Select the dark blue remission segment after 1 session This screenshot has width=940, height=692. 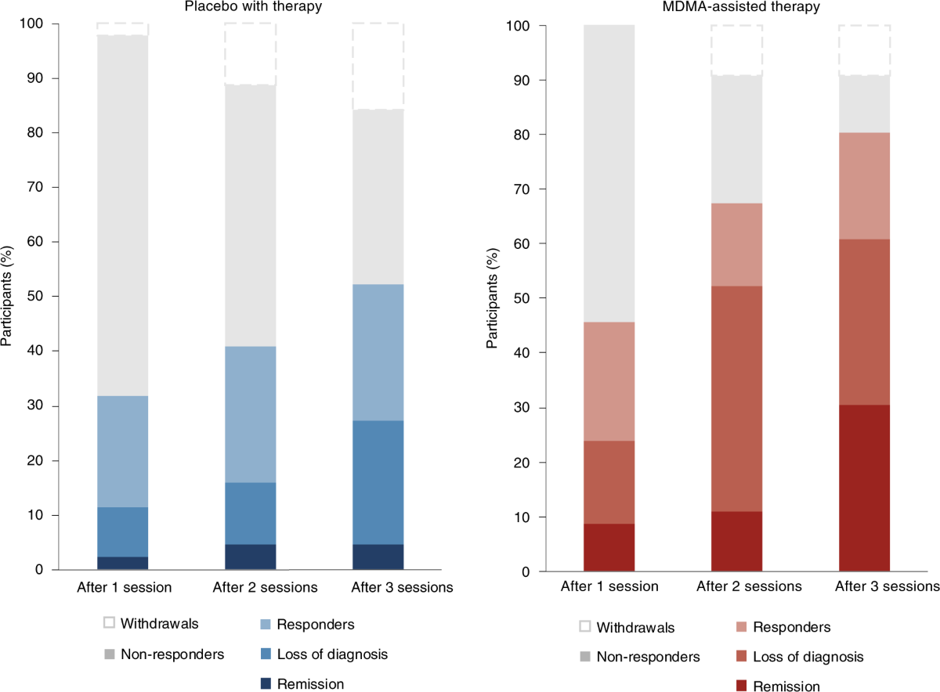pos(122,563)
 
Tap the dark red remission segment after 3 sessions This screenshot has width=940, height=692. pos(864,488)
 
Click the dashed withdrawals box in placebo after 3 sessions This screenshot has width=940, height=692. pos(378,67)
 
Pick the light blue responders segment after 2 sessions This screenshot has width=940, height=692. pos(250,414)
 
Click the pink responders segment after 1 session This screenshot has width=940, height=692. pos(609,381)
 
